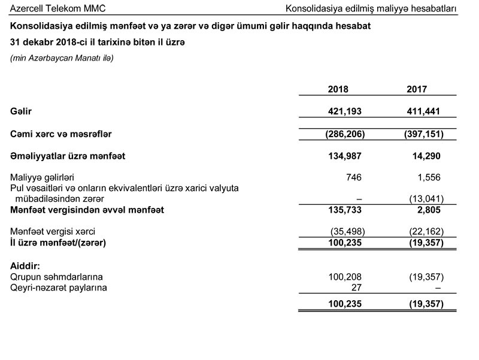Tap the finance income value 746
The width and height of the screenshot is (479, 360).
tap(353, 177)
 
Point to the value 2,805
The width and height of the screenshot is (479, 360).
tap(431, 210)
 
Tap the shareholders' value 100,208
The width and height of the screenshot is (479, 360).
tap(345, 277)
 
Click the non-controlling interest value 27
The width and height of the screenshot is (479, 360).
tap(357, 288)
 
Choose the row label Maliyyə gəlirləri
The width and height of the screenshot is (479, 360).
tap(41, 177)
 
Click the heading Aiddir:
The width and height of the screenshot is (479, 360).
tap(25, 265)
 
